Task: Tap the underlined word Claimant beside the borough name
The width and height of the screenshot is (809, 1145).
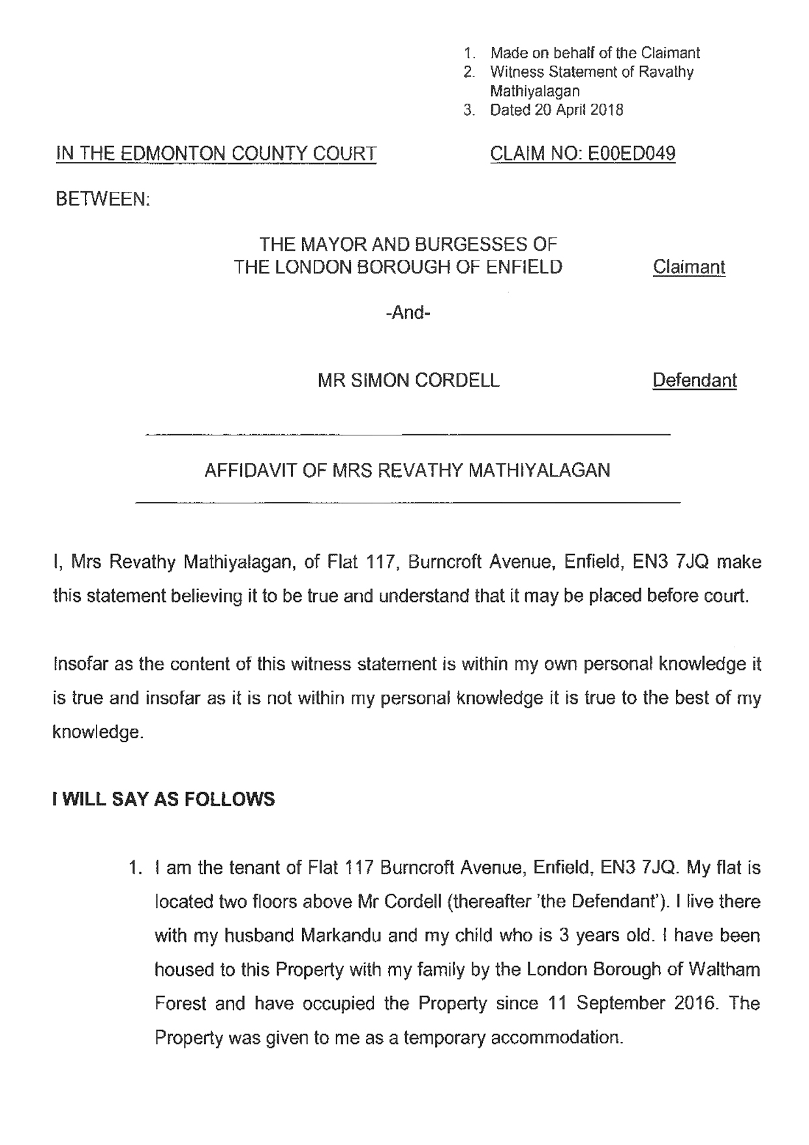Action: [x=689, y=267]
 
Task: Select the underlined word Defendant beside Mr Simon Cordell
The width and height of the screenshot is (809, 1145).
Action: [x=694, y=381]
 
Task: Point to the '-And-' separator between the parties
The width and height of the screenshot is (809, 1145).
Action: [x=408, y=313]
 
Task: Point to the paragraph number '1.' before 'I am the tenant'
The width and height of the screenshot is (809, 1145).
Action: [x=136, y=868]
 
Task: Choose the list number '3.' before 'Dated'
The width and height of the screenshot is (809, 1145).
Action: [x=468, y=110]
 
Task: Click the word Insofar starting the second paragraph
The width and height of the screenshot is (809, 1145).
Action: [x=81, y=665]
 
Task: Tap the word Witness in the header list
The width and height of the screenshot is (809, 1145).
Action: [x=517, y=72]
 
